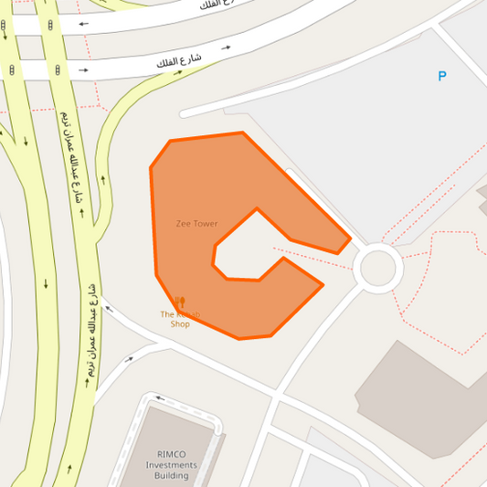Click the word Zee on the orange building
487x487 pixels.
pyautogui.click(x=184, y=224)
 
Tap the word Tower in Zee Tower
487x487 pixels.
pyautogui.click(x=205, y=224)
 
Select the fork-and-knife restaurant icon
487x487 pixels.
pyautogui.click(x=180, y=302)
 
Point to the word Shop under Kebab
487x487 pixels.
pyautogui.click(x=180, y=323)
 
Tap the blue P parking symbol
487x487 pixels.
pyautogui.click(x=442, y=77)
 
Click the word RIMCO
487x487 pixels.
pyautogui.click(x=172, y=454)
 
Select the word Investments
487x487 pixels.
pyautogui.click(x=172, y=465)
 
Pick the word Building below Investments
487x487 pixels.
pyautogui.click(x=172, y=476)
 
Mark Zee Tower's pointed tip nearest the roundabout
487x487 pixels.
pyautogui.click(x=348, y=241)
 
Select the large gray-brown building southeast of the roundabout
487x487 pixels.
pyautogui.click(x=420, y=393)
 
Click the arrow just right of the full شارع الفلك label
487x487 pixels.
pyautogui.click(x=226, y=47)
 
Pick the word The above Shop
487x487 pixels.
pyautogui.click(x=166, y=314)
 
